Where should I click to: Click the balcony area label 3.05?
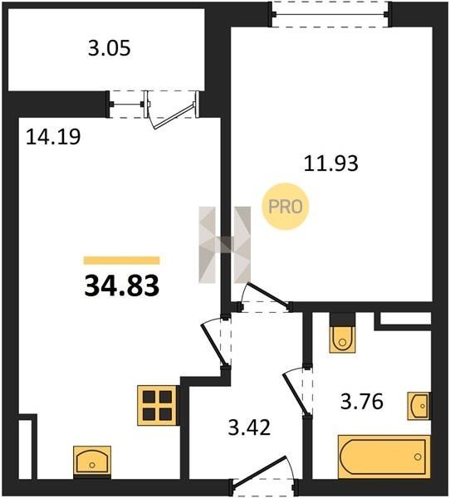[109, 49]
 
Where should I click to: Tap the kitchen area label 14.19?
[53, 137]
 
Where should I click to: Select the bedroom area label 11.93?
[330, 164]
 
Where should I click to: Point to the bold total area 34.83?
[122, 286]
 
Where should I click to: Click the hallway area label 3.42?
[249, 427]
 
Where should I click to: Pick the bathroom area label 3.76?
[362, 401]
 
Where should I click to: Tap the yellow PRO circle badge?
[286, 207]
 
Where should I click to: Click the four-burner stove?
[157, 405]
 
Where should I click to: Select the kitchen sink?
[92, 461]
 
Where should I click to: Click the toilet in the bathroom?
[342, 339]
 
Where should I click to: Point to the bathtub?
[384, 456]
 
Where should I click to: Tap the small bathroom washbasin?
[418, 406]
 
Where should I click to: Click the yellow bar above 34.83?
[122, 261]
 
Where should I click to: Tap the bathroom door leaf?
[296, 393]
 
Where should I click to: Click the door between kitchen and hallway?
[214, 344]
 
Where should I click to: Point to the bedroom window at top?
[330, 14]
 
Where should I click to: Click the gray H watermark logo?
[225, 245]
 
